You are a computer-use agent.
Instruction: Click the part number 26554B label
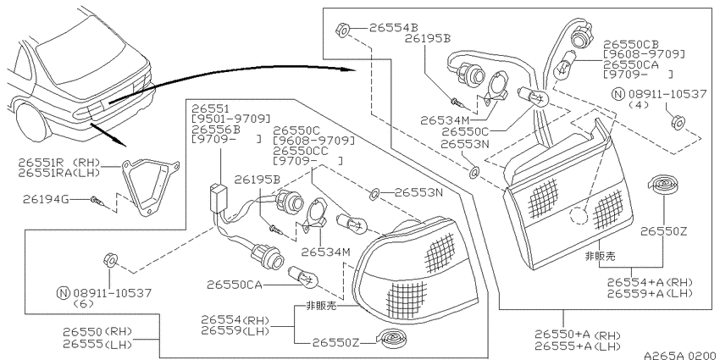pyautogui.click(x=394, y=28)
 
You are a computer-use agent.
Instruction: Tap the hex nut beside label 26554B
pyautogui.click(x=342, y=30)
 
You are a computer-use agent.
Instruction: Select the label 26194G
pyautogui.click(x=46, y=199)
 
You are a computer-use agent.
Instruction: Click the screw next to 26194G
pyautogui.click(x=97, y=201)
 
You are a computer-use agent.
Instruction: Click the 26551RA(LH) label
pyautogui.click(x=58, y=173)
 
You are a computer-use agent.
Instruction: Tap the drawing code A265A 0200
pyautogui.click(x=681, y=355)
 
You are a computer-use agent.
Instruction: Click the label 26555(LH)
pyautogui.click(x=97, y=345)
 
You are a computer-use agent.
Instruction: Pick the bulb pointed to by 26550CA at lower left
pyautogui.click(x=302, y=276)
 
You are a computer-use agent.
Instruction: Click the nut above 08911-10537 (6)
pyautogui.click(x=111, y=260)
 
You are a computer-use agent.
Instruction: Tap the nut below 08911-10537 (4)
pyautogui.click(x=678, y=122)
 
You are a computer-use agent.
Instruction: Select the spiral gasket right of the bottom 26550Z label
pyautogui.click(x=391, y=339)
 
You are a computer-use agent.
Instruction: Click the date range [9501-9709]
pyautogui.click(x=231, y=119)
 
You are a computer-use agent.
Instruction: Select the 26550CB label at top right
pyautogui.click(x=630, y=44)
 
